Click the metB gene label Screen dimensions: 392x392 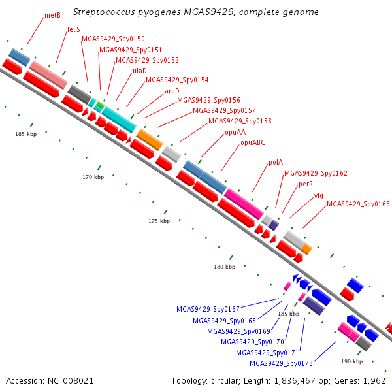[x=52, y=16]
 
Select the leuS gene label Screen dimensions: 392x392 [x=74, y=29]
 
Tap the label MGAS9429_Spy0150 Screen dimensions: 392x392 [x=113, y=39]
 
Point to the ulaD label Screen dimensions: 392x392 [x=140, y=71]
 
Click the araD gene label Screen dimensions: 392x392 [x=172, y=91]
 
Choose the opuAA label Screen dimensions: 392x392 [x=235, y=132]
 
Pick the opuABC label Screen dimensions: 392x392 [x=253, y=142]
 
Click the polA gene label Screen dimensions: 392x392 [x=276, y=163]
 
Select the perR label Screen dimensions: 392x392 [x=306, y=184]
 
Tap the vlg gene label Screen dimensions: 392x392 [x=319, y=195]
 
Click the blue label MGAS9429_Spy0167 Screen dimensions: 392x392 [x=208, y=309]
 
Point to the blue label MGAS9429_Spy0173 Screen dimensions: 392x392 [x=281, y=363]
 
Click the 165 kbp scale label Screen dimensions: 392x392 [x=26, y=134]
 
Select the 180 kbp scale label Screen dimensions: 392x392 [x=225, y=267]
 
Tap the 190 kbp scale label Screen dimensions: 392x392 [x=352, y=361]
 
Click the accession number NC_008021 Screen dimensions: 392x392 [x=71, y=381]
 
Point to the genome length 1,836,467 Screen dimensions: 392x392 [x=295, y=381]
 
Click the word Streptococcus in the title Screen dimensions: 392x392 [x=104, y=12]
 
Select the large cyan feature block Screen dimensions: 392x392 [x=119, y=120]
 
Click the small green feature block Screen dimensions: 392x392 [x=101, y=105]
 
